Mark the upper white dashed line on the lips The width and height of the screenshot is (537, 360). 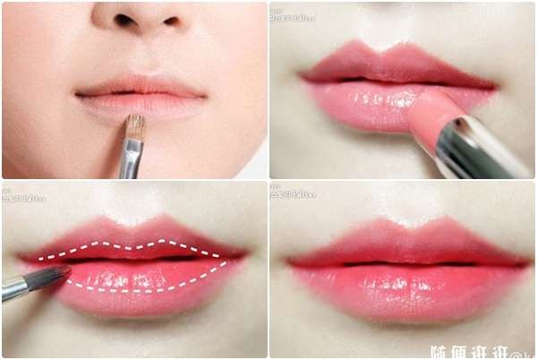click(x=134, y=244)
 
